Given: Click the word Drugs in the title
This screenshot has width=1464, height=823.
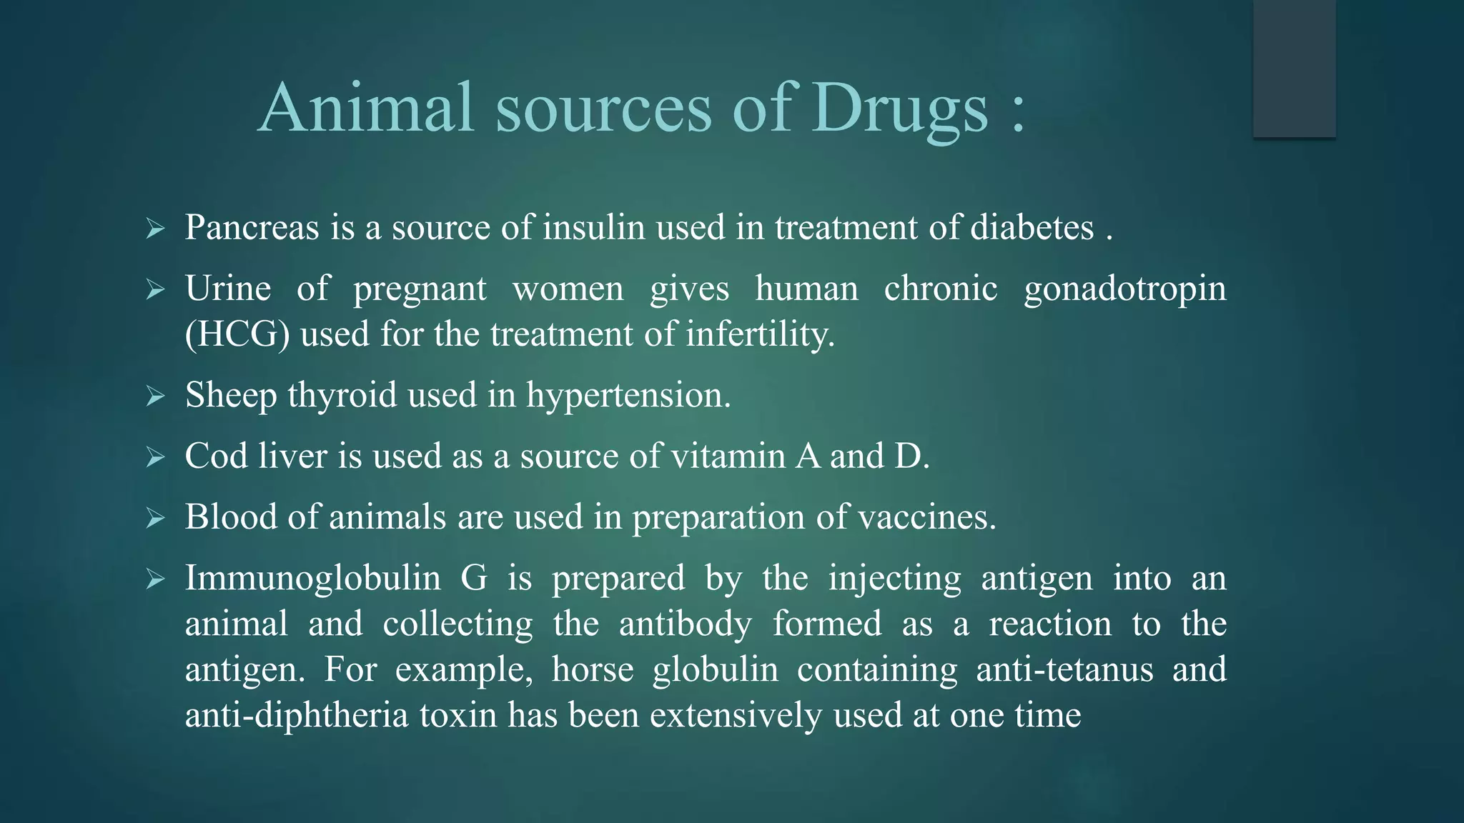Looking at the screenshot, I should click(900, 109).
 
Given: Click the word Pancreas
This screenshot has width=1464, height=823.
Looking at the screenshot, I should click(252, 227).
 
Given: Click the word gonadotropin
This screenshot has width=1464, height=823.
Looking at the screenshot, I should click(1125, 289).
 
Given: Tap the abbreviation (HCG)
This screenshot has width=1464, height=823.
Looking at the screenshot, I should click(237, 334).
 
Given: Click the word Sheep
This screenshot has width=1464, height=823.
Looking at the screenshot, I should click(230, 395).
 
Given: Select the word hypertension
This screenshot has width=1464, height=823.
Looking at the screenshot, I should click(628, 395).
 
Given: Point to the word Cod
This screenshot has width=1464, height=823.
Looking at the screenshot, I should click(216, 456).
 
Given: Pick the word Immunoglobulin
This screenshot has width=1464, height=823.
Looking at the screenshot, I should click(312, 577).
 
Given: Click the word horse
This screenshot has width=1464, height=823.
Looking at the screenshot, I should click(593, 669).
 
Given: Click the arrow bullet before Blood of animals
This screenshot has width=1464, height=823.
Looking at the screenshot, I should click(155, 518).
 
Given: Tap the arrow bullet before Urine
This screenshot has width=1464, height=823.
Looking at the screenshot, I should click(155, 290).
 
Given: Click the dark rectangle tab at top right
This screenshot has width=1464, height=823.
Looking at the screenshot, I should click(1294, 69).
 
